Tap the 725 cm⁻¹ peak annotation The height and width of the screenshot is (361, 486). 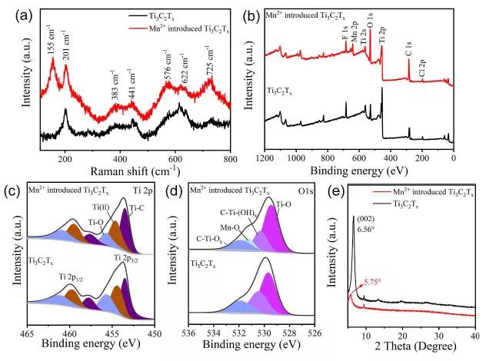point(208,58)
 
